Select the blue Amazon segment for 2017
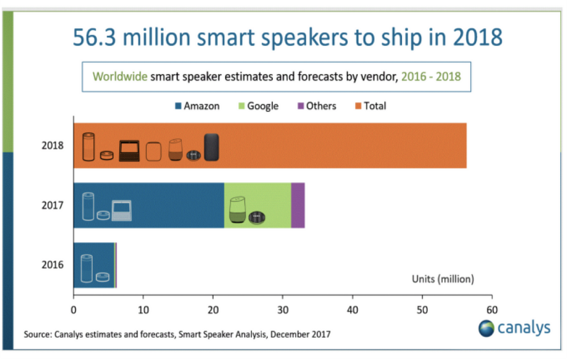pos(172,205)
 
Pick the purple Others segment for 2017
pos(298,205)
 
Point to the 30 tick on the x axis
pos(283,310)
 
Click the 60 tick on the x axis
pos(492,310)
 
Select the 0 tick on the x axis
pos(73,310)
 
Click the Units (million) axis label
pos(443,279)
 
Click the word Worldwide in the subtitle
pos(120,76)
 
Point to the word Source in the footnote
pos(37,335)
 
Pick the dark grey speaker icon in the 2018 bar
pos(211,147)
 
